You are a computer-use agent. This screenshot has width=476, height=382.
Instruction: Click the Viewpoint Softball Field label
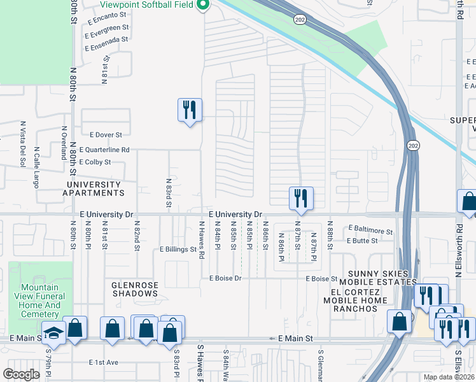point(147,4)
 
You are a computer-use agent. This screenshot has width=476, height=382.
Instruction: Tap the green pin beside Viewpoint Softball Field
point(204,5)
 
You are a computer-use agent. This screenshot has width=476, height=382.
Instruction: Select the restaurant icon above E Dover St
point(190,111)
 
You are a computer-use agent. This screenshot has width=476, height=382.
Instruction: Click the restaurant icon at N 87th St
point(300,199)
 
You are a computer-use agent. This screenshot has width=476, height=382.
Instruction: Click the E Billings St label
point(178,250)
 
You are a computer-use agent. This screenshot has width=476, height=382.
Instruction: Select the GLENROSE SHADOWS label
point(134,290)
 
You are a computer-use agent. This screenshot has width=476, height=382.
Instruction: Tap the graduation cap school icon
point(54,334)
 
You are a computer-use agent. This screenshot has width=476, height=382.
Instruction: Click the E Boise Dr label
point(221,278)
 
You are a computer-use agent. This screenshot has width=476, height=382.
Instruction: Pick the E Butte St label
point(362,241)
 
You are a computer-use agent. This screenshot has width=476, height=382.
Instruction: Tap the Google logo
point(22,374)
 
